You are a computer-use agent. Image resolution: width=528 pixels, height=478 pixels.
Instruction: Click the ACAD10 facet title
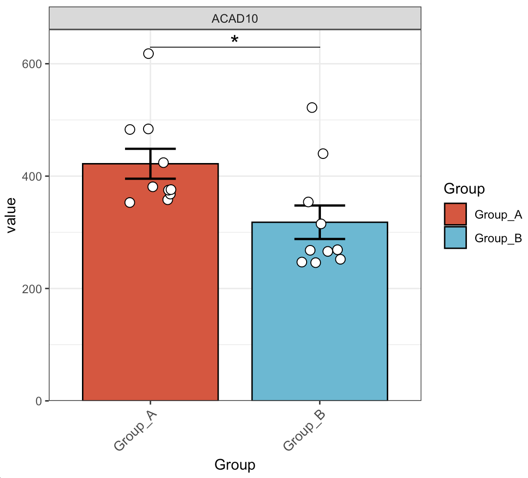tap(235, 19)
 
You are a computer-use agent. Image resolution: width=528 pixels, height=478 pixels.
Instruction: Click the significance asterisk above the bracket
tap(235, 40)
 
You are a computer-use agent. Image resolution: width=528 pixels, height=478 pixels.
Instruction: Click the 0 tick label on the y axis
tap(38, 401)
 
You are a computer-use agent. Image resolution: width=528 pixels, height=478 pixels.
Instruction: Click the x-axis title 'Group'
tap(235, 465)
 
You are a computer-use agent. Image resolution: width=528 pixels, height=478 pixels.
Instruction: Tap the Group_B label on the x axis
tap(304, 431)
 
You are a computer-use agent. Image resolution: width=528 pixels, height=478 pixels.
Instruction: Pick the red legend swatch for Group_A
tap(455, 214)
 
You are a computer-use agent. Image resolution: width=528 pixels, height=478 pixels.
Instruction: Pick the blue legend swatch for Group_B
tap(455, 238)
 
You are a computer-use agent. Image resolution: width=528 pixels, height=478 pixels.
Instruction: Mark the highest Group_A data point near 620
tap(148, 54)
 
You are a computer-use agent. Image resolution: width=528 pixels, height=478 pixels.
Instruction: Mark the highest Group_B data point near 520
tap(312, 107)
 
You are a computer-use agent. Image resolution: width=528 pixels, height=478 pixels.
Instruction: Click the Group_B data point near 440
tap(323, 153)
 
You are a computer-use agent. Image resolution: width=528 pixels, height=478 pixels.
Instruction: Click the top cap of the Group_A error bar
tap(150, 149)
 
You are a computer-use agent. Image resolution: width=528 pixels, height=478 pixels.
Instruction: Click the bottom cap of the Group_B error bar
tap(320, 239)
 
